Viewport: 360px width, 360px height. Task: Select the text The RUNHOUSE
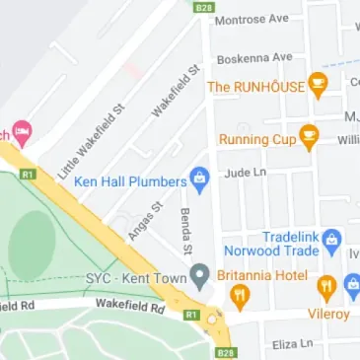(254, 87)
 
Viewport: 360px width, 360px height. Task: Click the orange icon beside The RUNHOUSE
(318, 86)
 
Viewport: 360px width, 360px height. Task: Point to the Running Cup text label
(256, 139)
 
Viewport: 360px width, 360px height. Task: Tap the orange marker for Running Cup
(309, 138)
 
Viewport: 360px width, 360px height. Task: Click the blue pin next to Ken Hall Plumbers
(199, 180)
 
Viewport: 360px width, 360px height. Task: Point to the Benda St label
(184, 229)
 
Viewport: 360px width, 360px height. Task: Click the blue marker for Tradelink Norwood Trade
(332, 238)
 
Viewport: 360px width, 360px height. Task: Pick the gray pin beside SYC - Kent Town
(199, 273)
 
